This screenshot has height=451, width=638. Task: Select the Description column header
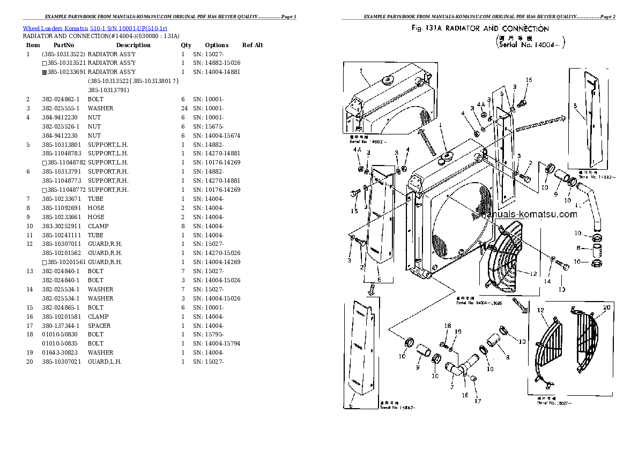click(x=133, y=45)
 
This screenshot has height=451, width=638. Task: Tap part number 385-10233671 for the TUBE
click(x=61, y=199)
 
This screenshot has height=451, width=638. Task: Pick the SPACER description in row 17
click(x=99, y=326)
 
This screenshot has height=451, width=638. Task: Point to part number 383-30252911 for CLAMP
click(x=61, y=226)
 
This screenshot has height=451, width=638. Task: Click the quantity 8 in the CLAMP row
click(x=183, y=226)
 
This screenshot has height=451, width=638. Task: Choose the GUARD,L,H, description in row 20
click(x=105, y=362)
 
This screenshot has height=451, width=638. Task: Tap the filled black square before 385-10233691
click(x=44, y=72)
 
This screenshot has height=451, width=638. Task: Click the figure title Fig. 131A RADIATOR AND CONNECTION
click(x=480, y=28)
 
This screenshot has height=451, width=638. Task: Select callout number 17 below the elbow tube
click(x=476, y=401)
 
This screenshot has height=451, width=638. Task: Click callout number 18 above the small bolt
click(x=448, y=325)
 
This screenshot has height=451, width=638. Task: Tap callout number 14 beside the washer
click(x=547, y=281)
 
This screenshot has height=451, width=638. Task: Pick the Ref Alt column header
click(x=253, y=45)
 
